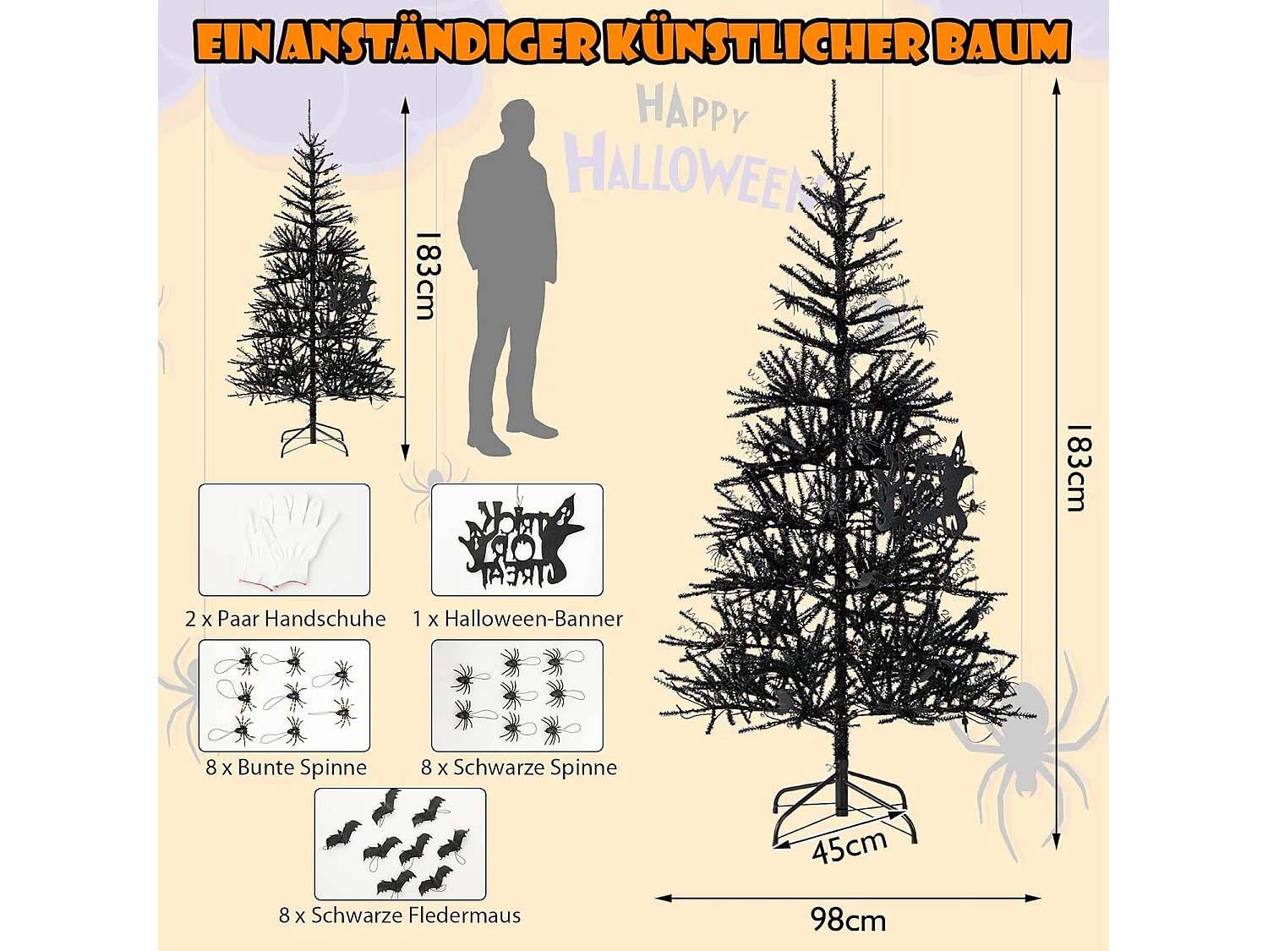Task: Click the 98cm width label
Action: pos(848,920)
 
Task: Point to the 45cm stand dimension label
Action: pos(849,845)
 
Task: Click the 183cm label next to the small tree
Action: pos(428,276)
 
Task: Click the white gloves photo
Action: pos(284,539)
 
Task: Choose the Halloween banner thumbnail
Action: pos(517,539)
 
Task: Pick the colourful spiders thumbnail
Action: pos(284,695)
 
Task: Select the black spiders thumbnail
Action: pos(517,695)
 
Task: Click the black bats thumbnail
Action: pos(400,844)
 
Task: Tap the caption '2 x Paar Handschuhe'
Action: pos(285,619)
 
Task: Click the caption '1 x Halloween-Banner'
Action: pos(517,619)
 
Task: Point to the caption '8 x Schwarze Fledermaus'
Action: pos(400,915)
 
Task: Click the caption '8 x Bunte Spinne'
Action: pos(286,768)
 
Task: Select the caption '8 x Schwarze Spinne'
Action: pos(519,768)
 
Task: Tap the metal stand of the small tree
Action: pos(314,440)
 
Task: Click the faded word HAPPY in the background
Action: pos(692,108)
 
